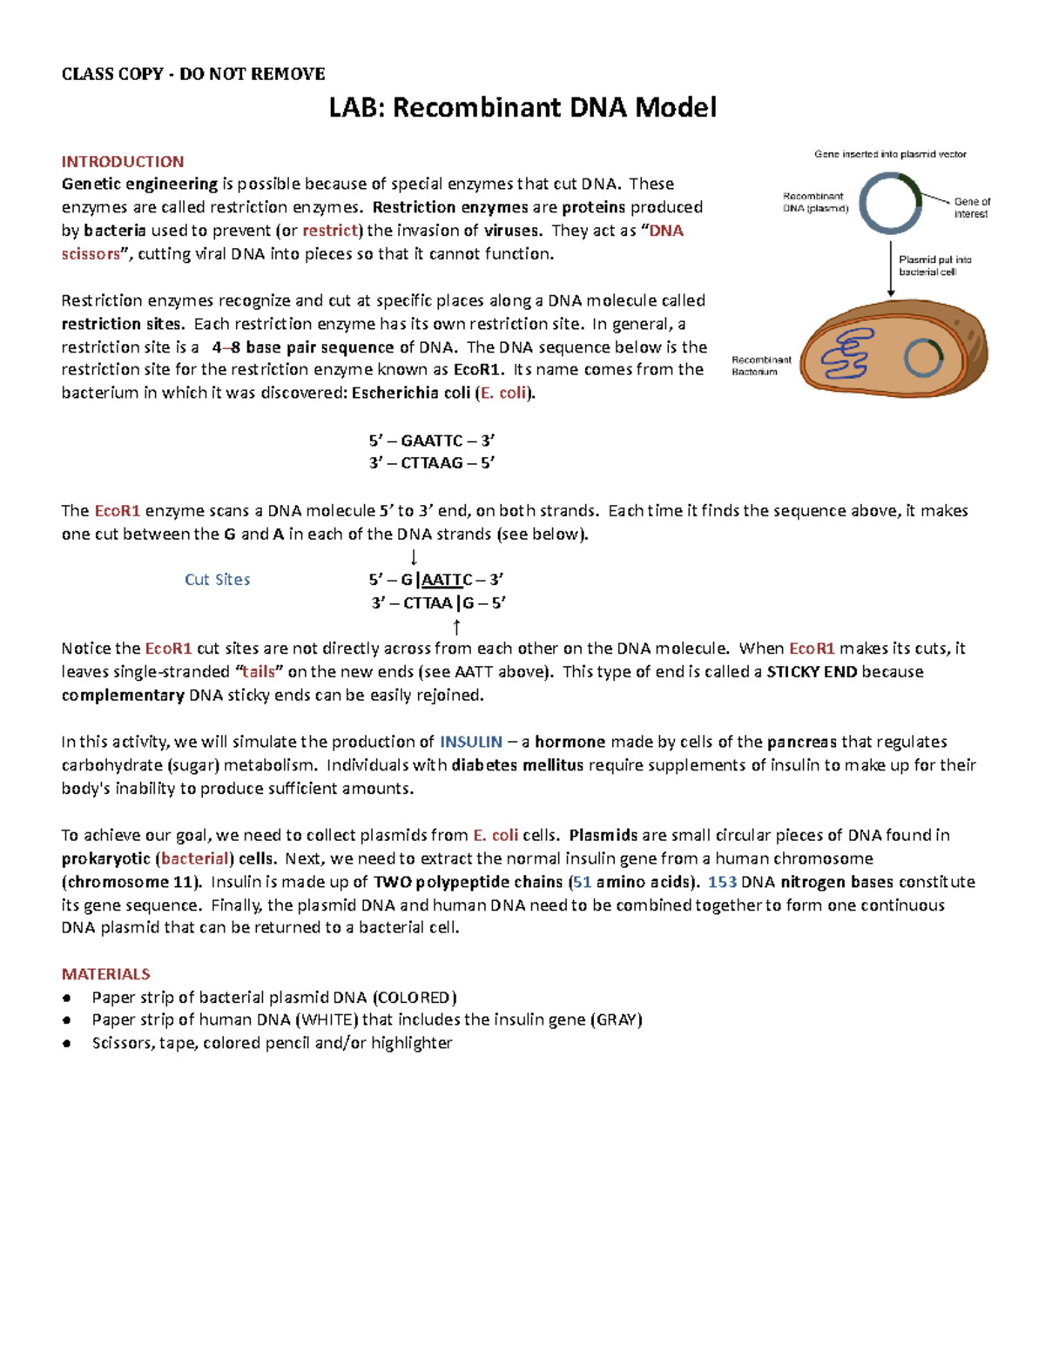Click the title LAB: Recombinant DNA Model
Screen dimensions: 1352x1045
522,108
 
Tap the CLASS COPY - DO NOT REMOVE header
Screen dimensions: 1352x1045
193,74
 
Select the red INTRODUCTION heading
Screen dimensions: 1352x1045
123,162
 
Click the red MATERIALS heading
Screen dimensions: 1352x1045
105,974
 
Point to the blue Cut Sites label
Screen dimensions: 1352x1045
217,580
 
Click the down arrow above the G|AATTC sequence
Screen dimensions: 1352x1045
414,557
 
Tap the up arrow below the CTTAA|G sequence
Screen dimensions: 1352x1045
456,627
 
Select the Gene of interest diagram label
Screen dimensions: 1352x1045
971,207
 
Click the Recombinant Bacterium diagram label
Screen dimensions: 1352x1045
761,366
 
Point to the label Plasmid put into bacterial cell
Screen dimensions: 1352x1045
934,266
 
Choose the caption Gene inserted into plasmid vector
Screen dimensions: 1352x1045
890,154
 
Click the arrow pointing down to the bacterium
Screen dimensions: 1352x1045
891,270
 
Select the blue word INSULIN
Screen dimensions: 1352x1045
471,743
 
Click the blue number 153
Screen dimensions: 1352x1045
722,882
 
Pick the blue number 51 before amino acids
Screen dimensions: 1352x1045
582,882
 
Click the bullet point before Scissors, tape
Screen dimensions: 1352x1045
67,1044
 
